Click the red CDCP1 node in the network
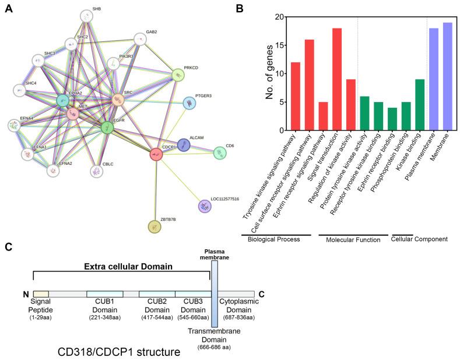click(156, 154)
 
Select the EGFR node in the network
click(107, 127)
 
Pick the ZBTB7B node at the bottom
click(154, 227)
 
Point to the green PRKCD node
click(178, 75)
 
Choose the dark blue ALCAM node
click(183, 145)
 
